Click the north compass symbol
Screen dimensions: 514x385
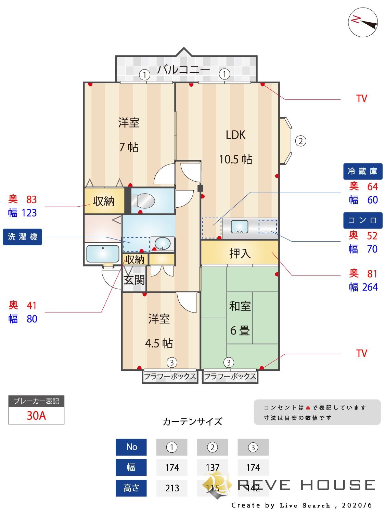(363, 22)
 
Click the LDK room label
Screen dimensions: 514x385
(235, 135)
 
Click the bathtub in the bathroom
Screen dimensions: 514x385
(103, 254)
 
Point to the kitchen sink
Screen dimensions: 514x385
(240, 227)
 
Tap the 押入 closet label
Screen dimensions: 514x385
(240, 254)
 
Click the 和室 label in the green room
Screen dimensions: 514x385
(240, 306)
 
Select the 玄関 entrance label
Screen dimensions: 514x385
(134, 280)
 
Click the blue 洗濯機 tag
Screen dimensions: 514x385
(23, 237)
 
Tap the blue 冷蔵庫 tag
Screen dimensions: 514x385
(362, 171)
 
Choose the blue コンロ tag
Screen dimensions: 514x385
(362, 220)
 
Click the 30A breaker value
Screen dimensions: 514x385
(36, 416)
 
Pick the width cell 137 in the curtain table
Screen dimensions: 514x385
(212, 467)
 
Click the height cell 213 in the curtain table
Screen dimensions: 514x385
(172, 488)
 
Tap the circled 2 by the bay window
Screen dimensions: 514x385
(300, 141)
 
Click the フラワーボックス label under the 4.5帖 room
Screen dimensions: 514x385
(170, 377)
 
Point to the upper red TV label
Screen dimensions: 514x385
(361, 99)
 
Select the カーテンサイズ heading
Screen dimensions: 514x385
(192, 421)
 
